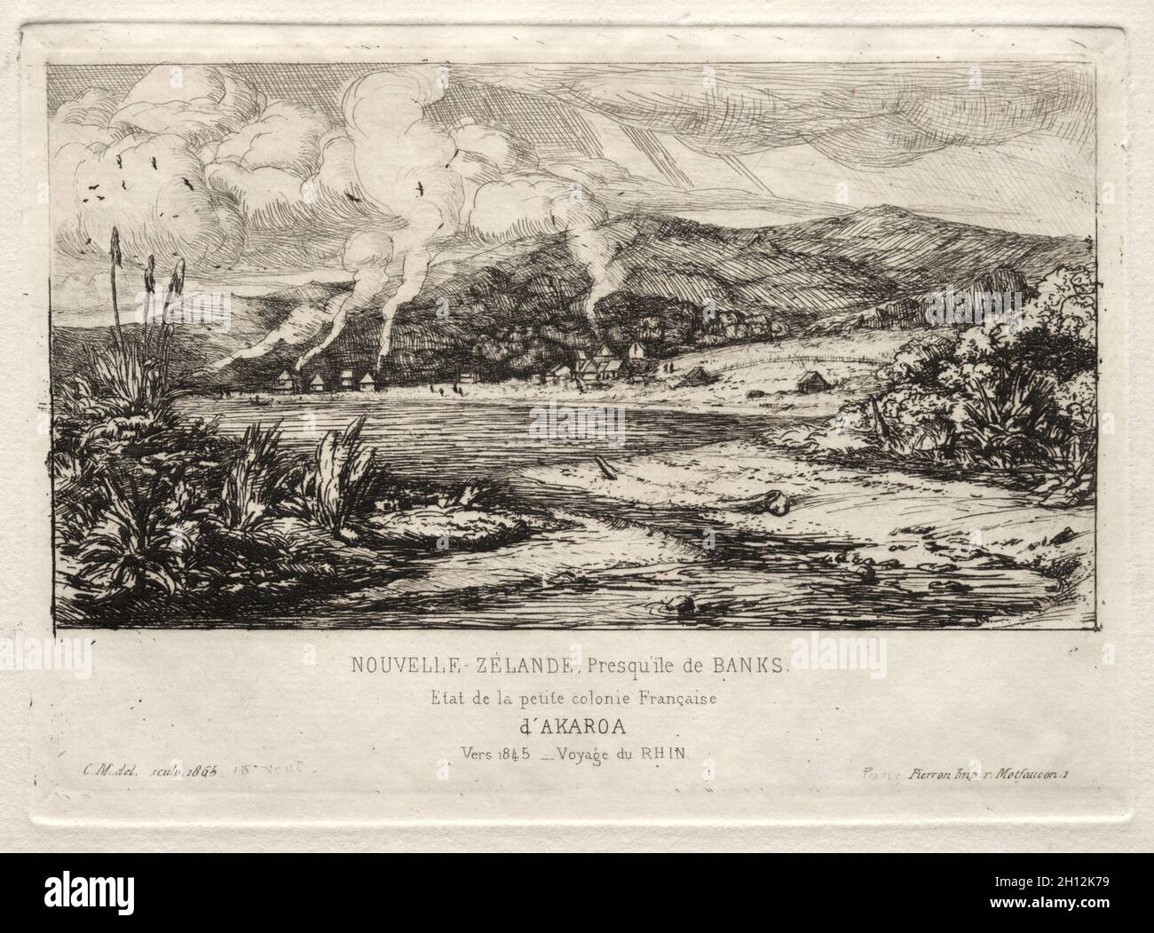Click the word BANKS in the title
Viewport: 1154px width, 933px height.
click(741, 665)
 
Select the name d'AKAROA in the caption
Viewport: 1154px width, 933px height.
click(577, 726)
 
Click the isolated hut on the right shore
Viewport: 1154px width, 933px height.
click(810, 383)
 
